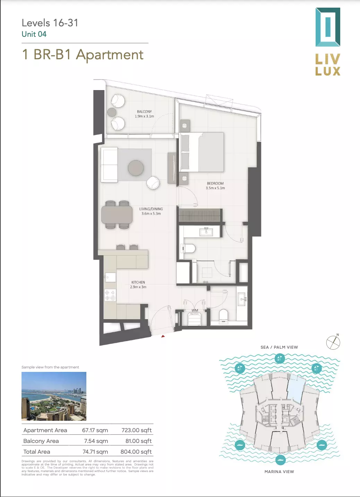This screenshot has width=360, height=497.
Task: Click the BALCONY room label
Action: (144, 112)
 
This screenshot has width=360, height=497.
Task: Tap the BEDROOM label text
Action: (215, 183)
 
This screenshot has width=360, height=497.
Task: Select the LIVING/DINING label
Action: (151, 209)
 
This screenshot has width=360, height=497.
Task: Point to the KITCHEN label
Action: (138, 282)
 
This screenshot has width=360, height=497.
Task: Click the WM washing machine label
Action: (195, 310)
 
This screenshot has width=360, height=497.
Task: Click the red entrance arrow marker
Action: (163, 337)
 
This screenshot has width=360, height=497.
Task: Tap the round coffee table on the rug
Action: (136, 168)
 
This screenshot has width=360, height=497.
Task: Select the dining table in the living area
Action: (117, 215)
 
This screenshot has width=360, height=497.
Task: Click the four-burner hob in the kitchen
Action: (110, 295)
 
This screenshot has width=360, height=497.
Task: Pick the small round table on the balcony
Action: (112, 112)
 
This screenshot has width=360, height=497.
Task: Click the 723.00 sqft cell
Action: (137, 430)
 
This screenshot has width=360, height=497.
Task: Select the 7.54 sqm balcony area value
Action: (96, 441)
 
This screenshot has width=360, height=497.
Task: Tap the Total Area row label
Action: (37, 452)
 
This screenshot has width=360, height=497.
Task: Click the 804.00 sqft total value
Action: (136, 452)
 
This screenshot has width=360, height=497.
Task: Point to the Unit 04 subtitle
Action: (34, 34)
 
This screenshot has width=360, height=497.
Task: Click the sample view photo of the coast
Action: (54, 396)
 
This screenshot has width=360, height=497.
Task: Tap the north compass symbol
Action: (333, 342)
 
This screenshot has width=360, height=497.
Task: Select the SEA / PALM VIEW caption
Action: (279, 347)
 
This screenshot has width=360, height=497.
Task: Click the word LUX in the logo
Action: (328, 71)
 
